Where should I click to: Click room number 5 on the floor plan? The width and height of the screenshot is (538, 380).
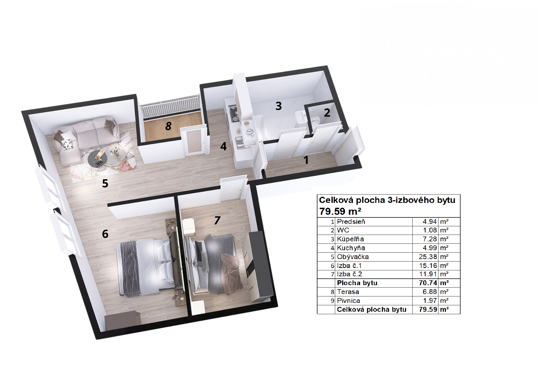click(x=105, y=183)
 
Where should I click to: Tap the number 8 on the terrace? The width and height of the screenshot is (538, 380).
click(x=168, y=126)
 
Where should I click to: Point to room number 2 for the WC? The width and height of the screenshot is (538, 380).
click(x=327, y=113)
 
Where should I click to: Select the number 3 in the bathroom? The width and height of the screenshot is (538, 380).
click(x=279, y=106)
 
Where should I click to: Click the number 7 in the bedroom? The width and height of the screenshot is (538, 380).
click(x=217, y=220)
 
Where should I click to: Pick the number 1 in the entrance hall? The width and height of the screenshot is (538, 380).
click(x=306, y=160)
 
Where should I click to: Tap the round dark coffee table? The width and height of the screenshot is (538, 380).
click(x=97, y=159)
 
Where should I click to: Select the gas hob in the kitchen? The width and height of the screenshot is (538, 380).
click(x=233, y=113)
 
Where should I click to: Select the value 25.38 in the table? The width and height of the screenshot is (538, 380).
click(x=428, y=257)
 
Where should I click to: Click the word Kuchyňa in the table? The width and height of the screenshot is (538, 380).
click(x=351, y=248)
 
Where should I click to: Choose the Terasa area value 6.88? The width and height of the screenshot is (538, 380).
click(x=430, y=292)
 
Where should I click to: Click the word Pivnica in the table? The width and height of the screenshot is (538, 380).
click(x=348, y=301)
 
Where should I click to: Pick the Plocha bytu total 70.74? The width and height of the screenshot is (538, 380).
click(x=428, y=283)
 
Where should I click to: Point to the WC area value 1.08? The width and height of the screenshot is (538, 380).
click(x=430, y=230)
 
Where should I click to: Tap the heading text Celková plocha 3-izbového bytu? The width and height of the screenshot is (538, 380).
click(x=387, y=200)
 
